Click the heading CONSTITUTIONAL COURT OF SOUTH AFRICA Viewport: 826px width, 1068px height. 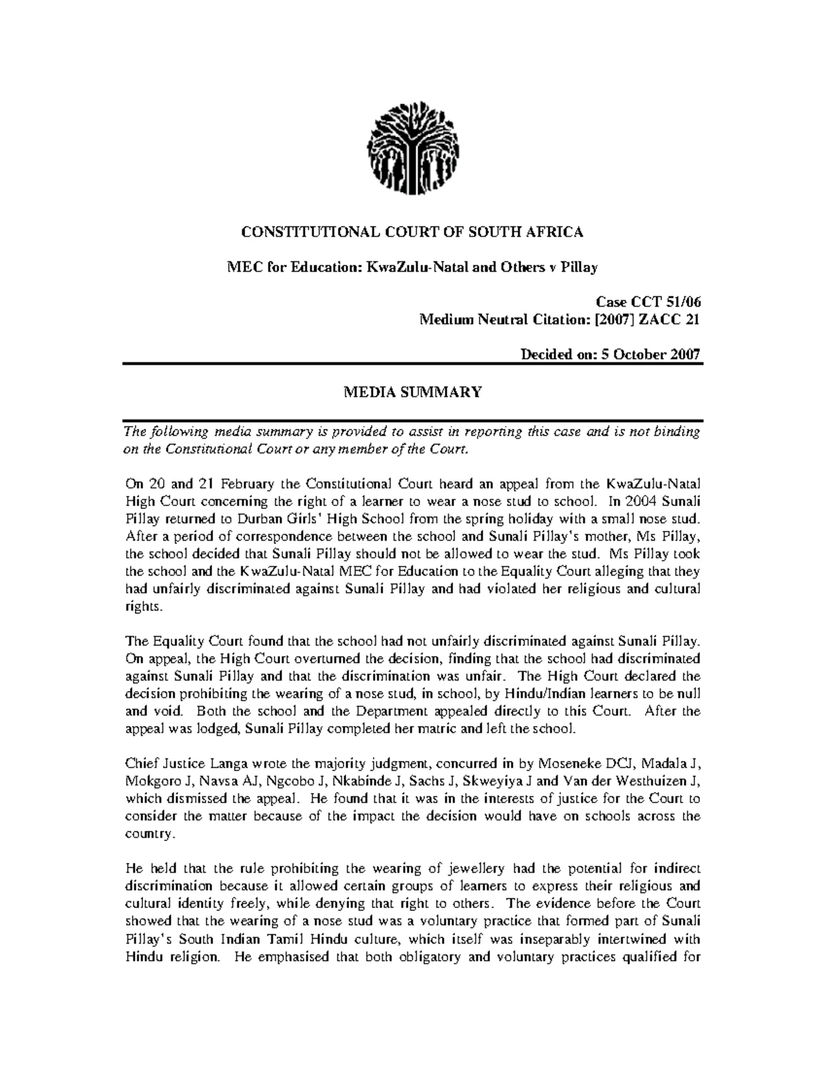pyautogui.click(x=412, y=232)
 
